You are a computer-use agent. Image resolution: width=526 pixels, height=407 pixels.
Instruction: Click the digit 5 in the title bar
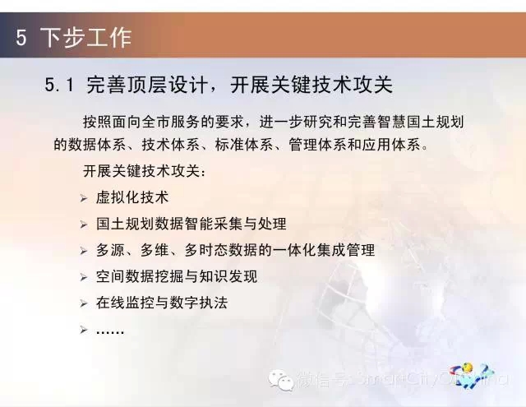point(21,37)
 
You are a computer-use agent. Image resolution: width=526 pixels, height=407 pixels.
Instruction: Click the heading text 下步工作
point(85,37)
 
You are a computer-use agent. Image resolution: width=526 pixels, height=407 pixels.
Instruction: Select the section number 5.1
point(59,84)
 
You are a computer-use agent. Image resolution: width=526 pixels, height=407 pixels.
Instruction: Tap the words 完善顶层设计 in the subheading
point(147,84)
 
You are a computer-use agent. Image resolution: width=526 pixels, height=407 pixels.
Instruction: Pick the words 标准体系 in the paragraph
point(244,145)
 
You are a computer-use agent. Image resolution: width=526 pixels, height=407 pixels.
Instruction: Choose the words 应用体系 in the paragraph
point(391,145)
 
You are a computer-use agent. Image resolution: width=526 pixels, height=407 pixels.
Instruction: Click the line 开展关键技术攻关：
point(145,171)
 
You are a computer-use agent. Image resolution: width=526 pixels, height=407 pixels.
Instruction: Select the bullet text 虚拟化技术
point(132,197)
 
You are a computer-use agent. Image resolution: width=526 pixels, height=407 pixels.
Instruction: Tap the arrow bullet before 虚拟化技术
point(84,198)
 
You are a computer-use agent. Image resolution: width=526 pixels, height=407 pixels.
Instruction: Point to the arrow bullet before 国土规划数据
point(84,224)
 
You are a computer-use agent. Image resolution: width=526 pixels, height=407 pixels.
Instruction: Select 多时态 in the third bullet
point(206,250)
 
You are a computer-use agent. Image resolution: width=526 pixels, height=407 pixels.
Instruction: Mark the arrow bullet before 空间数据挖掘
point(84,277)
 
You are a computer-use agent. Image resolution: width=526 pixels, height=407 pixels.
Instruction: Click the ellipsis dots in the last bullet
point(110,332)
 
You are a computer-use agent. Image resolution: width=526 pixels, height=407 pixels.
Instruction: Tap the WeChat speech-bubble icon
point(281,380)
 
